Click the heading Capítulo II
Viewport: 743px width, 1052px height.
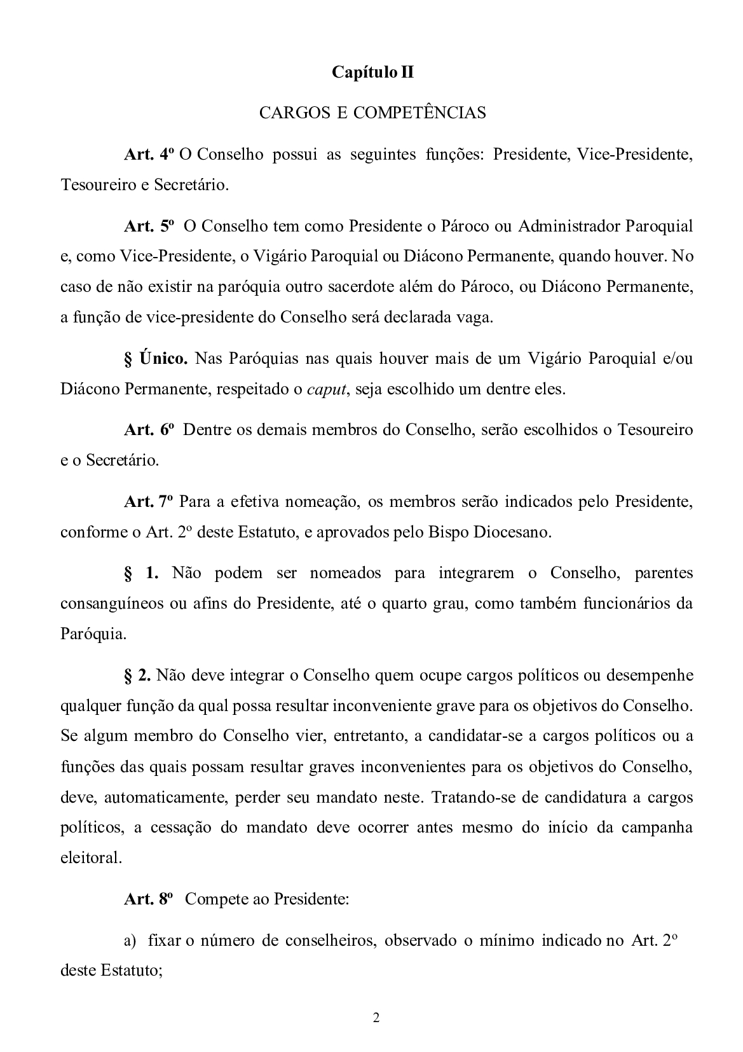(372, 73)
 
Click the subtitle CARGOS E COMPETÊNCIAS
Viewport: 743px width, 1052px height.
(372, 113)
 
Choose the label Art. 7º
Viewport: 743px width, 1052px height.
(149, 502)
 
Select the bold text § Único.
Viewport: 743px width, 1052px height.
(156, 359)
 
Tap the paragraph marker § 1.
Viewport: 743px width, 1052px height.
(141, 573)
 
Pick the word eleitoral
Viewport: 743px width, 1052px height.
(91, 858)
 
